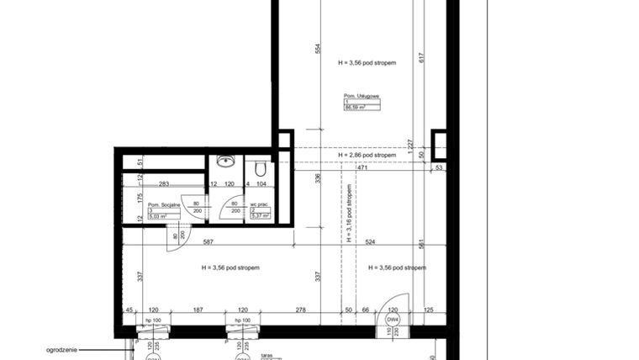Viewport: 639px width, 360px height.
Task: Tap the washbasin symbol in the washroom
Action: tap(224, 161)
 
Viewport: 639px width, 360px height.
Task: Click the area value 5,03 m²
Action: tap(158, 216)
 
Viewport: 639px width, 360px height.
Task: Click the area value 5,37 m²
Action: tap(260, 216)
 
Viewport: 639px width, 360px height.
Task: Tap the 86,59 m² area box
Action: tap(357, 108)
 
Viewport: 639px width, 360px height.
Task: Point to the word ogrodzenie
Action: tap(64, 347)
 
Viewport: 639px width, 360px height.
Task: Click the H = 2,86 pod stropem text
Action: tap(367, 156)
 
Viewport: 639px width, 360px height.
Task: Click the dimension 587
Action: tap(206, 242)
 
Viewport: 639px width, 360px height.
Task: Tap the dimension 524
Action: tap(371, 242)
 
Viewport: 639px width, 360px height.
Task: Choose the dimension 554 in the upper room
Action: tap(319, 48)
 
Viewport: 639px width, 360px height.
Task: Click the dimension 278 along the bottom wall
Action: tap(300, 310)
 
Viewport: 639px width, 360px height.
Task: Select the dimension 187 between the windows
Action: tap(198, 310)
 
